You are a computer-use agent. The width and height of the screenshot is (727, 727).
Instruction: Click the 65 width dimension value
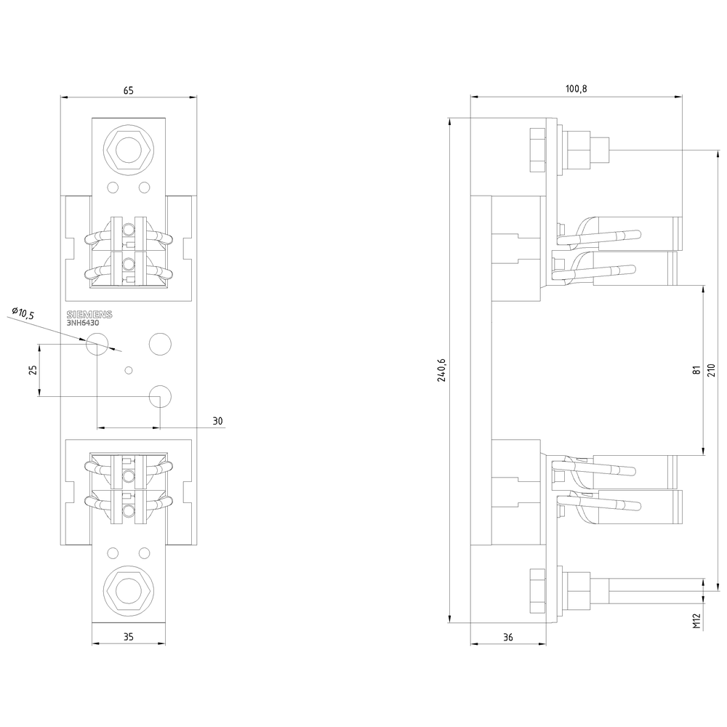click(x=128, y=91)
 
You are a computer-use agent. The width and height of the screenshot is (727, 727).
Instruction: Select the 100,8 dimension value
click(x=576, y=89)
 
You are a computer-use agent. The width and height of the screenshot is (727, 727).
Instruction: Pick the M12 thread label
click(x=696, y=621)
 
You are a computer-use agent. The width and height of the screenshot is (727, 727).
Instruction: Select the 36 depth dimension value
click(x=507, y=638)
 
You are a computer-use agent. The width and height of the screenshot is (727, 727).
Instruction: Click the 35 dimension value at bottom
click(x=128, y=638)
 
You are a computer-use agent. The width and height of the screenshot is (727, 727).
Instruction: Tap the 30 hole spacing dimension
click(x=218, y=421)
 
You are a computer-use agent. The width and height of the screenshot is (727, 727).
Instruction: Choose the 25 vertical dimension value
click(x=33, y=370)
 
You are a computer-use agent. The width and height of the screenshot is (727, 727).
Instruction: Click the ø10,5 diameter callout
click(x=23, y=313)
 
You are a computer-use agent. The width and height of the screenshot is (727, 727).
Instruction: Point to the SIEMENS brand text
click(x=90, y=314)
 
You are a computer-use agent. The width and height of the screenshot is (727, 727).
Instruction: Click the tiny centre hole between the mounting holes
click(x=129, y=371)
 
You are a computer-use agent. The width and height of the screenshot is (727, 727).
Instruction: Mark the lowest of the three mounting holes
click(x=159, y=396)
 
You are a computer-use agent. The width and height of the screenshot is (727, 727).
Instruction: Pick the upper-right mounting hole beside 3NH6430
click(x=159, y=342)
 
